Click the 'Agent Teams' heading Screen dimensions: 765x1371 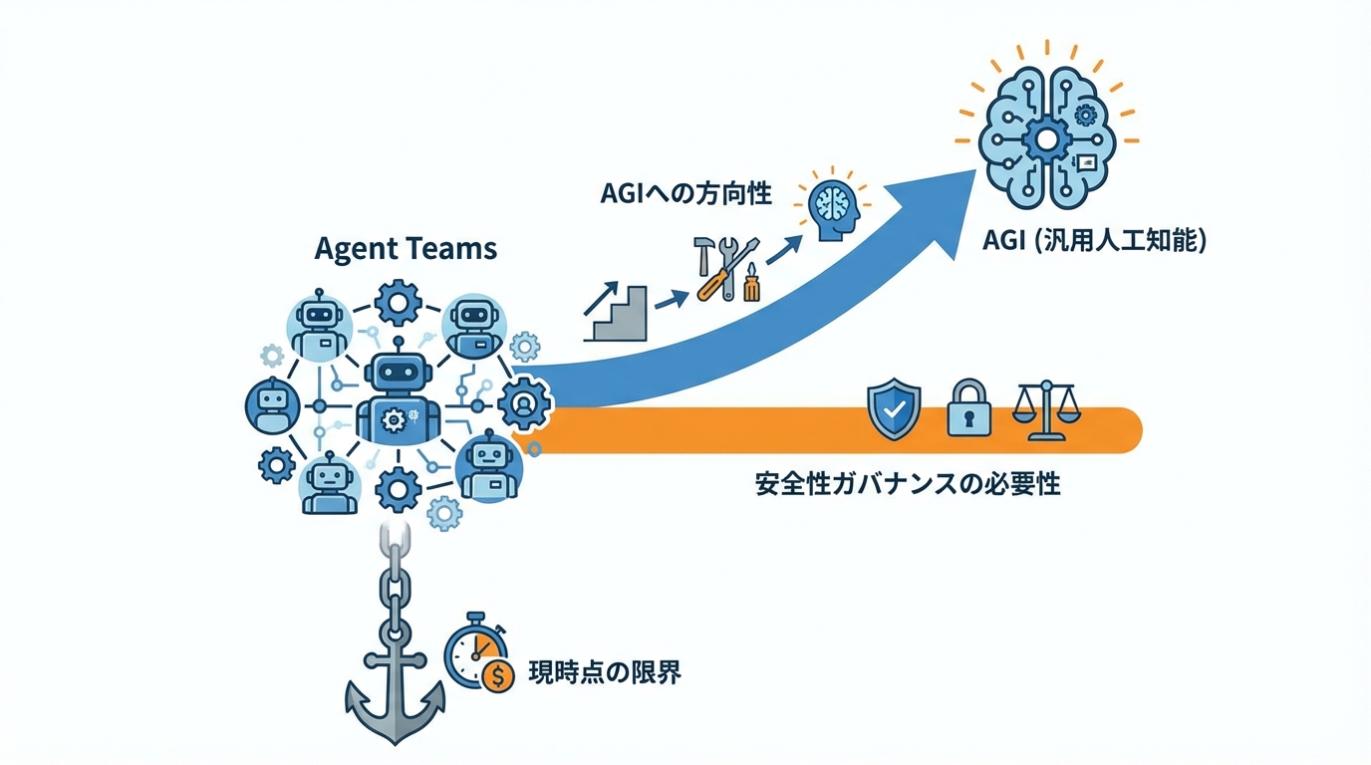coord(406,248)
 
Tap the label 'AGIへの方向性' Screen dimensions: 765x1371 coord(685,193)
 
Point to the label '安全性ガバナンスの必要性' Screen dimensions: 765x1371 coord(907,485)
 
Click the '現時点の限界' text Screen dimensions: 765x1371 coord(604,672)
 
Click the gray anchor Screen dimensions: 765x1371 coord(396,687)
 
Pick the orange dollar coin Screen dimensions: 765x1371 coord(496,676)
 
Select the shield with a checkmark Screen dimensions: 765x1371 coord(894,408)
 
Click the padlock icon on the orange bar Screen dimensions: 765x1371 coord(968,409)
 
